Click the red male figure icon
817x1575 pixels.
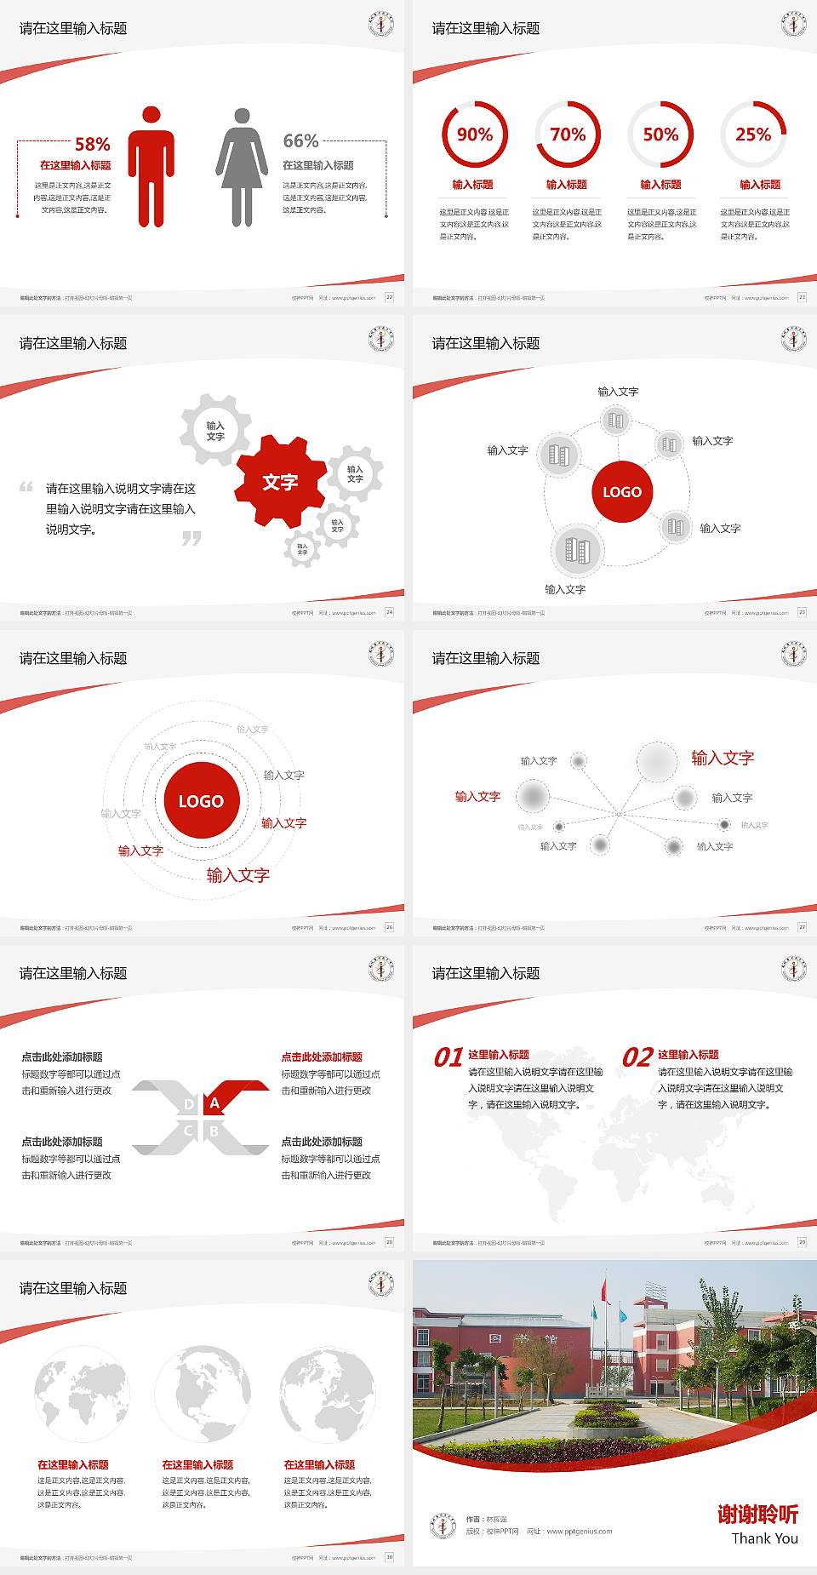pos(151,167)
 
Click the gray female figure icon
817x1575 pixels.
pos(242,167)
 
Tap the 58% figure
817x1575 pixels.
pos(92,144)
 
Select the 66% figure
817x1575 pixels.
pos(300,141)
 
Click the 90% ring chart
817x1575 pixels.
pos(474,135)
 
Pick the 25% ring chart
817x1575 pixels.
pos(753,135)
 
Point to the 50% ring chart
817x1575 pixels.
pos(660,135)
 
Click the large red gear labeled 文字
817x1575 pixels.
pos(280,482)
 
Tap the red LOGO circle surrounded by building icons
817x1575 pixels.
pos(622,491)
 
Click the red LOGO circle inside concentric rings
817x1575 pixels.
pos(201,800)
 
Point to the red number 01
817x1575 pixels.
pos(448,1057)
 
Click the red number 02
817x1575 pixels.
pos(637,1057)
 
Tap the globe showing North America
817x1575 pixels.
pos(203,1394)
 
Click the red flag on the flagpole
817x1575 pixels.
pos(605,1291)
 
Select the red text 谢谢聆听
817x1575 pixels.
pos(757,1514)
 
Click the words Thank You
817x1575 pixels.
pos(764,1538)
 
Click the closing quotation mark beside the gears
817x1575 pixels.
pos(191,538)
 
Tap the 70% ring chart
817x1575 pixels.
pos(568,135)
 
